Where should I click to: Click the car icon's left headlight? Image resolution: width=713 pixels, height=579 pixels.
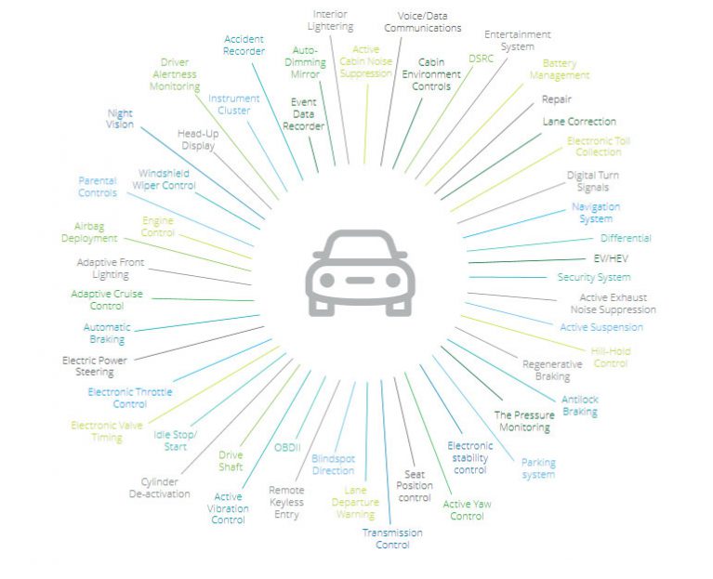click(327, 281)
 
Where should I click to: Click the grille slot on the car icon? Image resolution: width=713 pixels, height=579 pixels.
click(360, 281)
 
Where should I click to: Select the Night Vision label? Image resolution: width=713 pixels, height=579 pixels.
click(120, 119)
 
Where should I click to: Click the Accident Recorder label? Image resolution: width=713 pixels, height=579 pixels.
click(244, 45)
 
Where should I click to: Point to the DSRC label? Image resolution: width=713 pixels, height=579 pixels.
click(482, 59)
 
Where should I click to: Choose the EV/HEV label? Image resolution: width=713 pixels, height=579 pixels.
click(611, 258)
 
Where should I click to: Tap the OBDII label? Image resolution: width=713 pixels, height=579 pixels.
click(287, 448)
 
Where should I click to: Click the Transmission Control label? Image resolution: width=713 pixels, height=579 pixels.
click(392, 538)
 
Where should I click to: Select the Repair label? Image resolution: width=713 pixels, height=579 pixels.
click(557, 99)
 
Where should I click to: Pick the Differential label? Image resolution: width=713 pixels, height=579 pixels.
click(626, 238)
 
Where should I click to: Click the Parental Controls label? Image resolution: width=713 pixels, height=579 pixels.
click(98, 187)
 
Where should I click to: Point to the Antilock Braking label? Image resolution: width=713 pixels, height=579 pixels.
click(580, 406)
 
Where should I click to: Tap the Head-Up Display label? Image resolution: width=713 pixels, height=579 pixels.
click(198, 139)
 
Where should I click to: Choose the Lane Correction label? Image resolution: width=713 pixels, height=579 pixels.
click(579, 122)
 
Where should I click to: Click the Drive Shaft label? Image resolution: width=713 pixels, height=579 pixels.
click(231, 461)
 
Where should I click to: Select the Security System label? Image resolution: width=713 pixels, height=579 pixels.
click(594, 277)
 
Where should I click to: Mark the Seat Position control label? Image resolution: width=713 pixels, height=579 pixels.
click(415, 486)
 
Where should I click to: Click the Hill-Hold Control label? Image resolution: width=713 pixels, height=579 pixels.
click(611, 357)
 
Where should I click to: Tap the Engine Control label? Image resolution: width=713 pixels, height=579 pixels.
click(158, 227)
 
